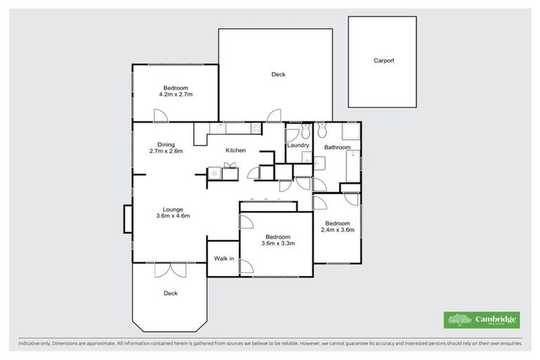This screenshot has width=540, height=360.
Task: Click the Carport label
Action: click(x=383, y=61)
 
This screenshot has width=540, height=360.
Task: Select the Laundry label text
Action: click(x=298, y=146)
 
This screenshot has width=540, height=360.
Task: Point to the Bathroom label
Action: click(x=337, y=148)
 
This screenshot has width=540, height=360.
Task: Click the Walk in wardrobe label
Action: click(x=223, y=259)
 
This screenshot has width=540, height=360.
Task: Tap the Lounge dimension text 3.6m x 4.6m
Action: click(x=173, y=217)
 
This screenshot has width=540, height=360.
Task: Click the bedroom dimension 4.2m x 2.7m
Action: click(x=176, y=94)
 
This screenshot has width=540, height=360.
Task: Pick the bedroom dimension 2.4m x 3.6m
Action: click(x=337, y=230)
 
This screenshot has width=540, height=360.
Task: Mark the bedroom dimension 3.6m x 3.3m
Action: click(x=277, y=244)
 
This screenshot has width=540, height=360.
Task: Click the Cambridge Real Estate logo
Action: click(x=482, y=320)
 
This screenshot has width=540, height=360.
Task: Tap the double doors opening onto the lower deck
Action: click(x=169, y=270)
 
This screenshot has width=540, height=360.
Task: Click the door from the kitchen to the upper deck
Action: click(x=274, y=115)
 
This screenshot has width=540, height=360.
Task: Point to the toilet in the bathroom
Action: click(x=322, y=130)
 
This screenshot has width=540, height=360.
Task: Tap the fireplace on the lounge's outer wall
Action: click(x=127, y=218)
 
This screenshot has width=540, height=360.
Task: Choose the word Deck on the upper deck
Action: click(x=278, y=75)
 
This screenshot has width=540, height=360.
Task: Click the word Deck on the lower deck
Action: click(x=170, y=294)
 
